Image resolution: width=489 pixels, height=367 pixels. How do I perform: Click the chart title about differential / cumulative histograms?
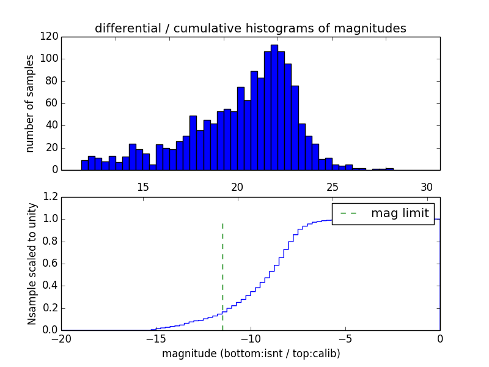pos(251,28)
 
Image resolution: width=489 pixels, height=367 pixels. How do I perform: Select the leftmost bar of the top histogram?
pos(84,165)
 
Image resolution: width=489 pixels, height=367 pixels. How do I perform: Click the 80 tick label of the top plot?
pos(53,81)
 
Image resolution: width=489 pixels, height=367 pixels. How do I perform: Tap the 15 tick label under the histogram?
pos(143,187)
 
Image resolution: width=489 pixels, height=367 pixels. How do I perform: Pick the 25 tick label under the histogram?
pos(332,187)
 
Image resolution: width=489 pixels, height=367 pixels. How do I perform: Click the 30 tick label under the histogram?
pos(427,187)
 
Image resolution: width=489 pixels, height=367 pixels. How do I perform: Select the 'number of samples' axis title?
pos(29,103)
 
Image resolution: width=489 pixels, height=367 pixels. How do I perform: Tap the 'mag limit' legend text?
pos(399,213)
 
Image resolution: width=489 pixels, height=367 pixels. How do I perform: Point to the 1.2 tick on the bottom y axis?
pos(51,197)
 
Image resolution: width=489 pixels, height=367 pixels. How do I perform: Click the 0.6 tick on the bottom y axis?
pos(51,264)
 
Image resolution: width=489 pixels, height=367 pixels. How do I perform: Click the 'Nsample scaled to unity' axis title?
pos(32,264)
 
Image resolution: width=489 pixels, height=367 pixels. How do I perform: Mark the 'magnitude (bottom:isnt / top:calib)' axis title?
pos(251,354)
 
